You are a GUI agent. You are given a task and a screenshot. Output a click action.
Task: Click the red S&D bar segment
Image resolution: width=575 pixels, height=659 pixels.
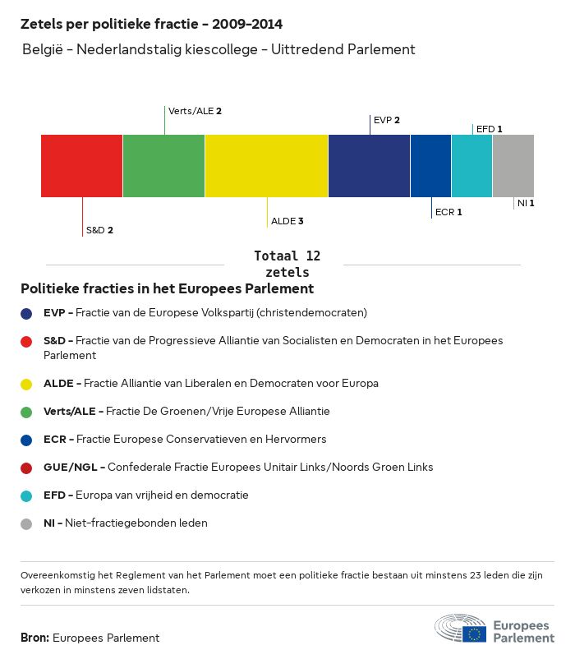[81, 166]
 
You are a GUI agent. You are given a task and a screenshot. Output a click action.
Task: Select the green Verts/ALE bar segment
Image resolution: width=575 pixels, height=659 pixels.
[163, 166]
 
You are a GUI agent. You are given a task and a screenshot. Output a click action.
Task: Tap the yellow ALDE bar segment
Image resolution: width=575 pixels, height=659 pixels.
[266, 166]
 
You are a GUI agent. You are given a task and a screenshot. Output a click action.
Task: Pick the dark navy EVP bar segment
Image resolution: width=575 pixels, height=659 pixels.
[369, 166]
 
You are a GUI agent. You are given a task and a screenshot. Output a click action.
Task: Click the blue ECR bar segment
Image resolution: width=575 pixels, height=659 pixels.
[430, 166]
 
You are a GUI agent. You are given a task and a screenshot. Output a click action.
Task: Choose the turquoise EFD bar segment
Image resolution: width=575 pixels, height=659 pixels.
[471, 166]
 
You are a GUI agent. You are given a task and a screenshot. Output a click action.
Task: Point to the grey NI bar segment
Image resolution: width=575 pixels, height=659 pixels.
[513, 166]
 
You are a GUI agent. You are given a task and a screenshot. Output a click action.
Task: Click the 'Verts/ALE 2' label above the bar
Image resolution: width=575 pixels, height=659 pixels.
[195, 110]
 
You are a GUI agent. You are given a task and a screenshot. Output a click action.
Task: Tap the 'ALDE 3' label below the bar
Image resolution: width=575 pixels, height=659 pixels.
[287, 221]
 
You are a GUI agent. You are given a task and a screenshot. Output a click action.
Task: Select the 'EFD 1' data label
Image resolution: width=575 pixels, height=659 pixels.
[489, 129]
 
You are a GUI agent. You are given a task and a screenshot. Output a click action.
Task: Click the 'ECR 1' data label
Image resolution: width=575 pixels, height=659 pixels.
[448, 212]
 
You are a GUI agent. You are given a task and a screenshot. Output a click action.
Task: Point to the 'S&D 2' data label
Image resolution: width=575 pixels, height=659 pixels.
[99, 230]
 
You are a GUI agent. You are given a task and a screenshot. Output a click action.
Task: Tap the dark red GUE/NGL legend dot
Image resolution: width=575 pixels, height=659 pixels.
[27, 468]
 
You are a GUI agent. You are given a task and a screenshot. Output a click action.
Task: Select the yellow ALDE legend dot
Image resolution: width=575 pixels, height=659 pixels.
[27, 384]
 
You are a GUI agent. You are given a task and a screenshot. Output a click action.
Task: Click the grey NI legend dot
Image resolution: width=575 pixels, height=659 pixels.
[27, 523]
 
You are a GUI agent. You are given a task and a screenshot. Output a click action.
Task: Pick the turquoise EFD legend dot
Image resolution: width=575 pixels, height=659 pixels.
[27, 495]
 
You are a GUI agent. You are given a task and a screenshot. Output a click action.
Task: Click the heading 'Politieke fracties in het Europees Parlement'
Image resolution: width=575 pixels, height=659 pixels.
[167, 289]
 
